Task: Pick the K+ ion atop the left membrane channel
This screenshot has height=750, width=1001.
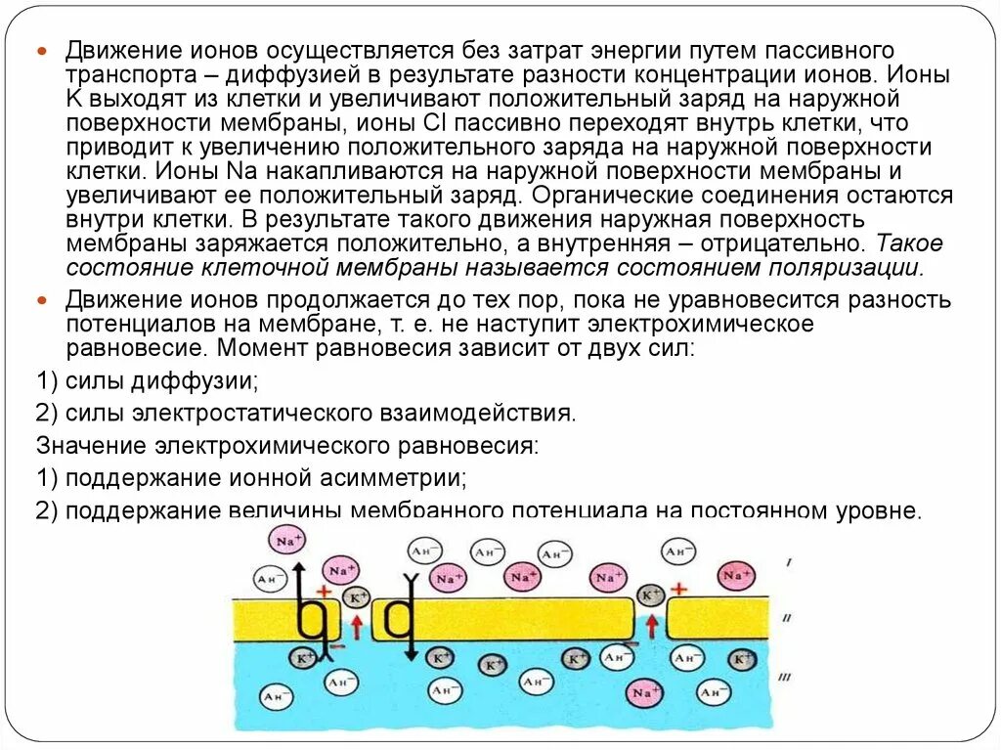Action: pos(357,596)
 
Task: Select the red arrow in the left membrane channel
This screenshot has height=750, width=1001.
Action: pos(358,625)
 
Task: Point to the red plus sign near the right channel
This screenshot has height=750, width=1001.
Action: pos(678,589)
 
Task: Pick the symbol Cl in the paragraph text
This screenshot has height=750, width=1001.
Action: pos(435,122)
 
